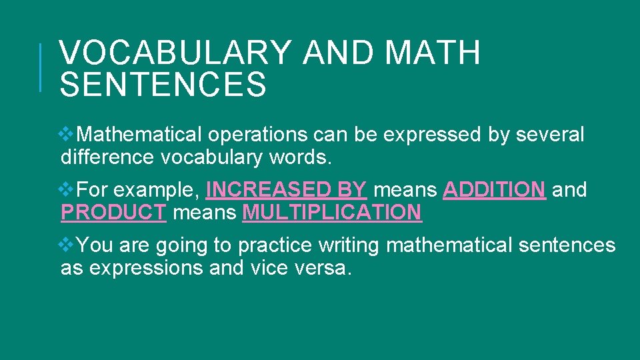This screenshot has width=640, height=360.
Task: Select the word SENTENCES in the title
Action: [x=163, y=85]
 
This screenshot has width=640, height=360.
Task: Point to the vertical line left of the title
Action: [x=41, y=67]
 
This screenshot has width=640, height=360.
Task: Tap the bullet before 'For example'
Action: [x=67, y=190]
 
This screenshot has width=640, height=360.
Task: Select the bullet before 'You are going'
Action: [x=67, y=245]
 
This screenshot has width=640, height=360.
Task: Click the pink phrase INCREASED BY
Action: [x=286, y=190]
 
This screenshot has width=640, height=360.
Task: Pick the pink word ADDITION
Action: [x=494, y=190]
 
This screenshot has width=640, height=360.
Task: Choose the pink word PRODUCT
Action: [x=113, y=213]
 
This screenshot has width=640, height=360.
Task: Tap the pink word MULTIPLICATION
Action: [x=332, y=213]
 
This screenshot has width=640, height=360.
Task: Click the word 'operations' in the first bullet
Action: [x=257, y=135]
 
